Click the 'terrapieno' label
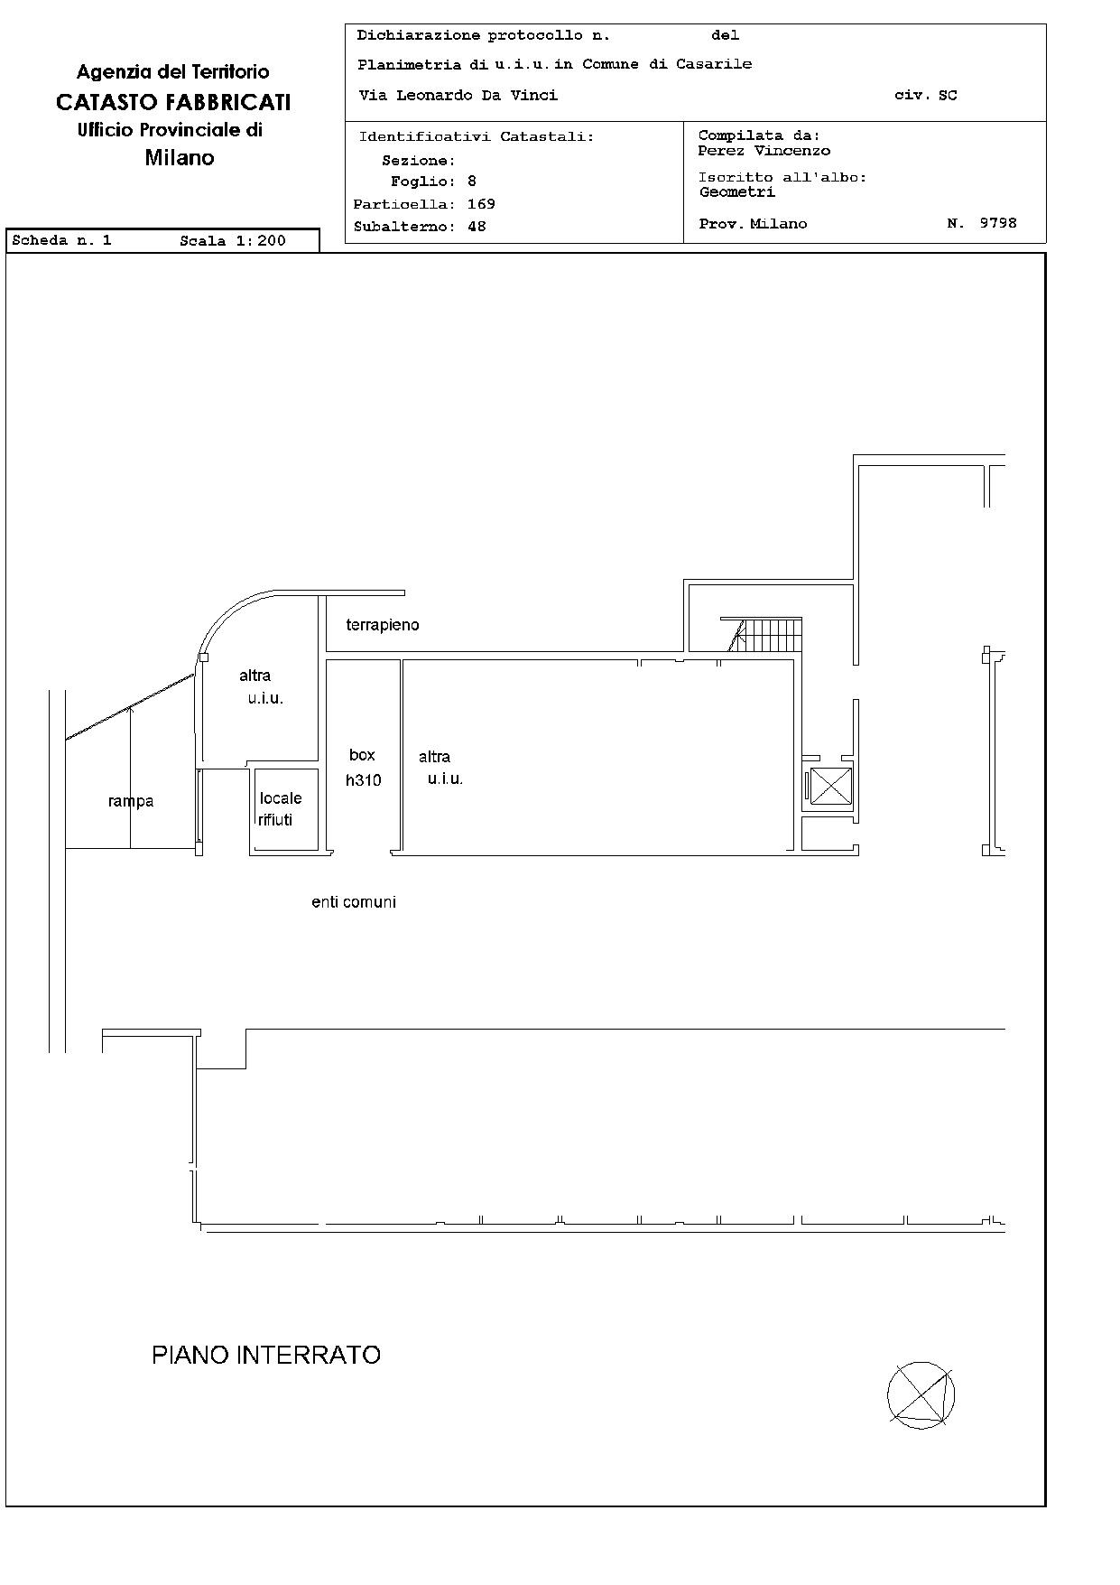[383, 625]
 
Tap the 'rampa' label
[131, 801]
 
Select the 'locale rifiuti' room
[285, 809]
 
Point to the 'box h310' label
[363, 768]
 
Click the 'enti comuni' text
[354, 902]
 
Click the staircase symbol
[764, 634]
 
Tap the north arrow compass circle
[921, 1394]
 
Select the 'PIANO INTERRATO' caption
[266, 1355]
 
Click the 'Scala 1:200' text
[233, 240]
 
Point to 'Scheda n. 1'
[61, 240]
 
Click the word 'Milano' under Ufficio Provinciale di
[180, 158]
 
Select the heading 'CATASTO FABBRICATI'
[173, 102]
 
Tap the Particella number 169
[481, 204]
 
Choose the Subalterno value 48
[477, 227]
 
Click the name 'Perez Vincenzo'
[764, 151]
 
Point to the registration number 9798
[998, 222]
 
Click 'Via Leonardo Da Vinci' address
[458, 95]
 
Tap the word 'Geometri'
[737, 191]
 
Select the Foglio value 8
[472, 182]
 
